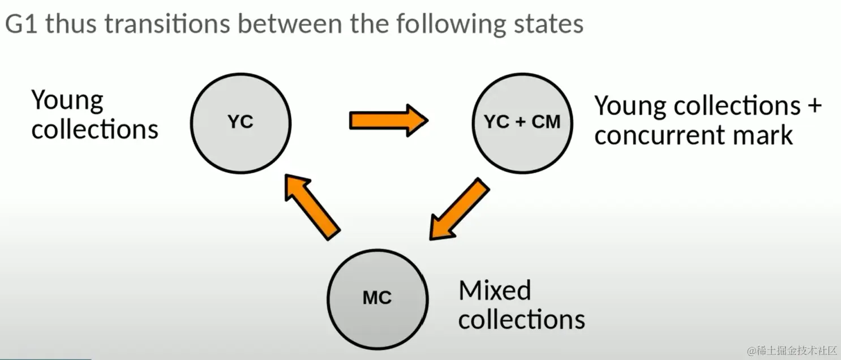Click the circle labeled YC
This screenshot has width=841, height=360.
(x=241, y=122)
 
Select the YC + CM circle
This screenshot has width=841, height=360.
(x=522, y=122)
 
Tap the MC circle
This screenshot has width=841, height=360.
(x=377, y=298)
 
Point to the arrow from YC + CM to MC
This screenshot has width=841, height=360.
(x=458, y=210)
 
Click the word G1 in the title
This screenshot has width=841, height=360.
(x=22, y=25)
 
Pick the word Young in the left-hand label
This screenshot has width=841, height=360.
(x=67, y=101)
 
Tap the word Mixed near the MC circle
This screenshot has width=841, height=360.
(x=495, y=290)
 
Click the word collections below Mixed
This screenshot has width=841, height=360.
(x=521, y=319)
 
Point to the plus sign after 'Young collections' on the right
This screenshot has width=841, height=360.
(x=813, y=106)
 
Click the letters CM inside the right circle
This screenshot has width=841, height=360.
(x=546, y=122)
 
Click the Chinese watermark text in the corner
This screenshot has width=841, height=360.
(x=792, y=351)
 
